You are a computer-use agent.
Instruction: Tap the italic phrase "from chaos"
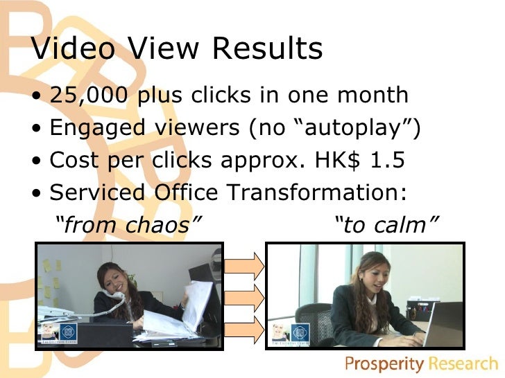[x=128, y=224]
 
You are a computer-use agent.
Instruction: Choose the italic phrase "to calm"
[x=387, y=224]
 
